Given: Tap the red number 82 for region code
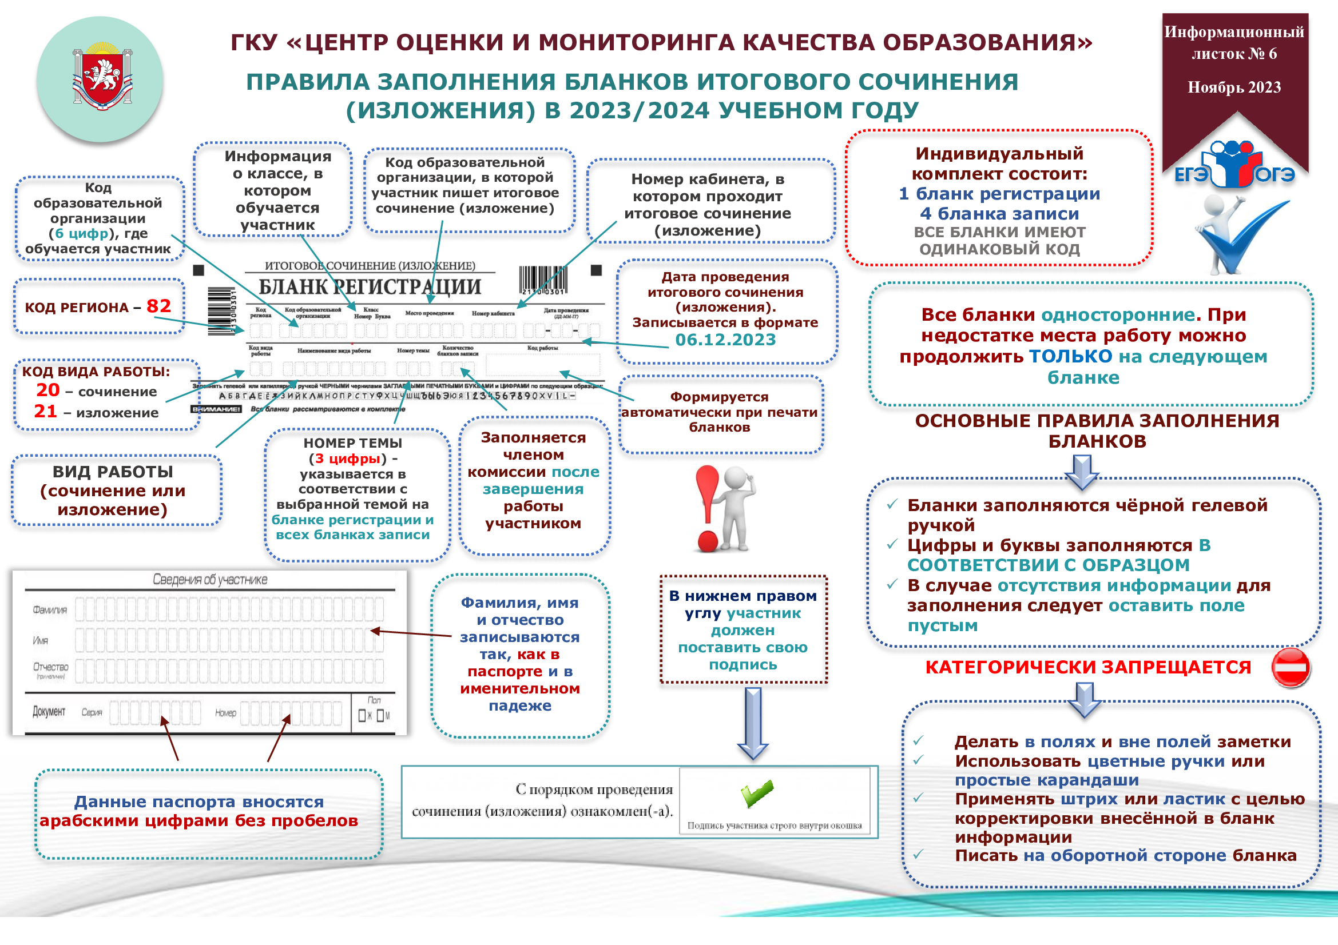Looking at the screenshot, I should [x=158, y=306].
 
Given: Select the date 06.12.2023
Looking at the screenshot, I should [x=725, y=340].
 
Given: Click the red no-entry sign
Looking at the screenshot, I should [x=1290, y=667].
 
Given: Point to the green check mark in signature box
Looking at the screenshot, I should [x=757, y=793].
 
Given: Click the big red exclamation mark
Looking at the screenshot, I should [x=708, y=507].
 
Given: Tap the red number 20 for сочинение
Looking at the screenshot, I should [x=48, y=390].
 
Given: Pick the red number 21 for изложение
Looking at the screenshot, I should [x=45, y=412].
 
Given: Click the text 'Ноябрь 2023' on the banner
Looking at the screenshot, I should [x=1234, y=87].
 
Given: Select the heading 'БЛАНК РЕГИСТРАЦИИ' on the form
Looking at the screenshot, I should [x=370, y=287].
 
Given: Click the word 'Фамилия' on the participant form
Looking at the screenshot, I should [x=50, y=610].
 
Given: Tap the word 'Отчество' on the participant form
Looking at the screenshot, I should [x=51, y=667].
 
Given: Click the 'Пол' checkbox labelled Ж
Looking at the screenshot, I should [x=362, y=716].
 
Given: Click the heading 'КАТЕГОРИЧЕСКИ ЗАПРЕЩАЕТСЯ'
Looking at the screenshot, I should [x=1088, y=667].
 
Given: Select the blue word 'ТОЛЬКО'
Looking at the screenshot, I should [x=1070, y=356].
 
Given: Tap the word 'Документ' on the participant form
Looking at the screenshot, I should [x=49, y=712].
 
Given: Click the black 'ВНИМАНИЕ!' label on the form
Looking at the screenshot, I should [x=216, y=409].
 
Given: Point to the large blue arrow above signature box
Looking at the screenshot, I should [x=753, y=722].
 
